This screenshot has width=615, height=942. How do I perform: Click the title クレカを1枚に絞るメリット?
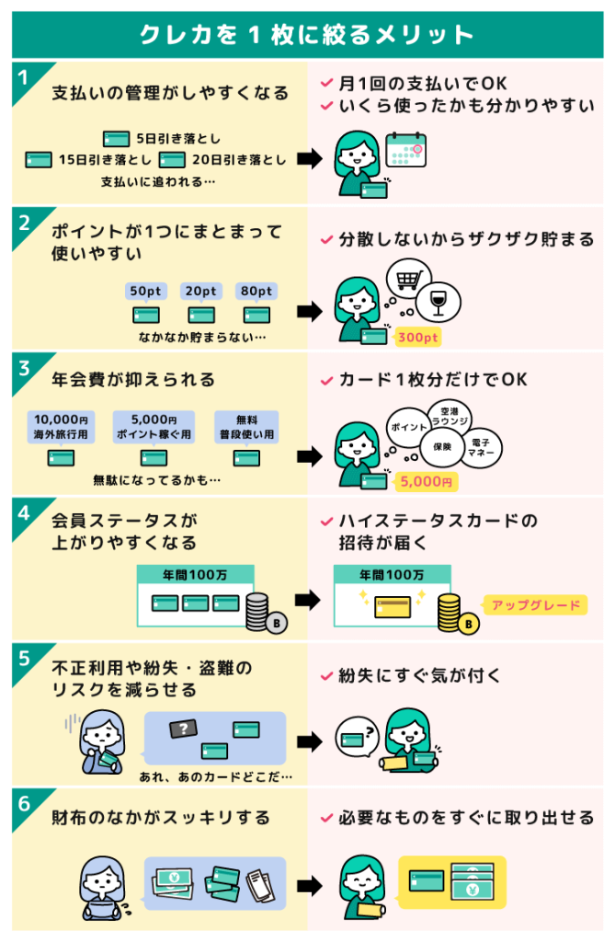tap(307, 34)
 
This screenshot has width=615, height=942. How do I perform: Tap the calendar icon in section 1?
tap(404, 149)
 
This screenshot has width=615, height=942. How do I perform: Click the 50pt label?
tap(145, 292)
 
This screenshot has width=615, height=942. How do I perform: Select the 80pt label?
tap(256, 292)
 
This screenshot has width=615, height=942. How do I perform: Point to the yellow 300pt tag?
tap(418, 338)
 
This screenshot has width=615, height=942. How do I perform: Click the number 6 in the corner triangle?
tap(22, 802)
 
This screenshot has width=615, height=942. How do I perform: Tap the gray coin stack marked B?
tap(260, 614)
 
